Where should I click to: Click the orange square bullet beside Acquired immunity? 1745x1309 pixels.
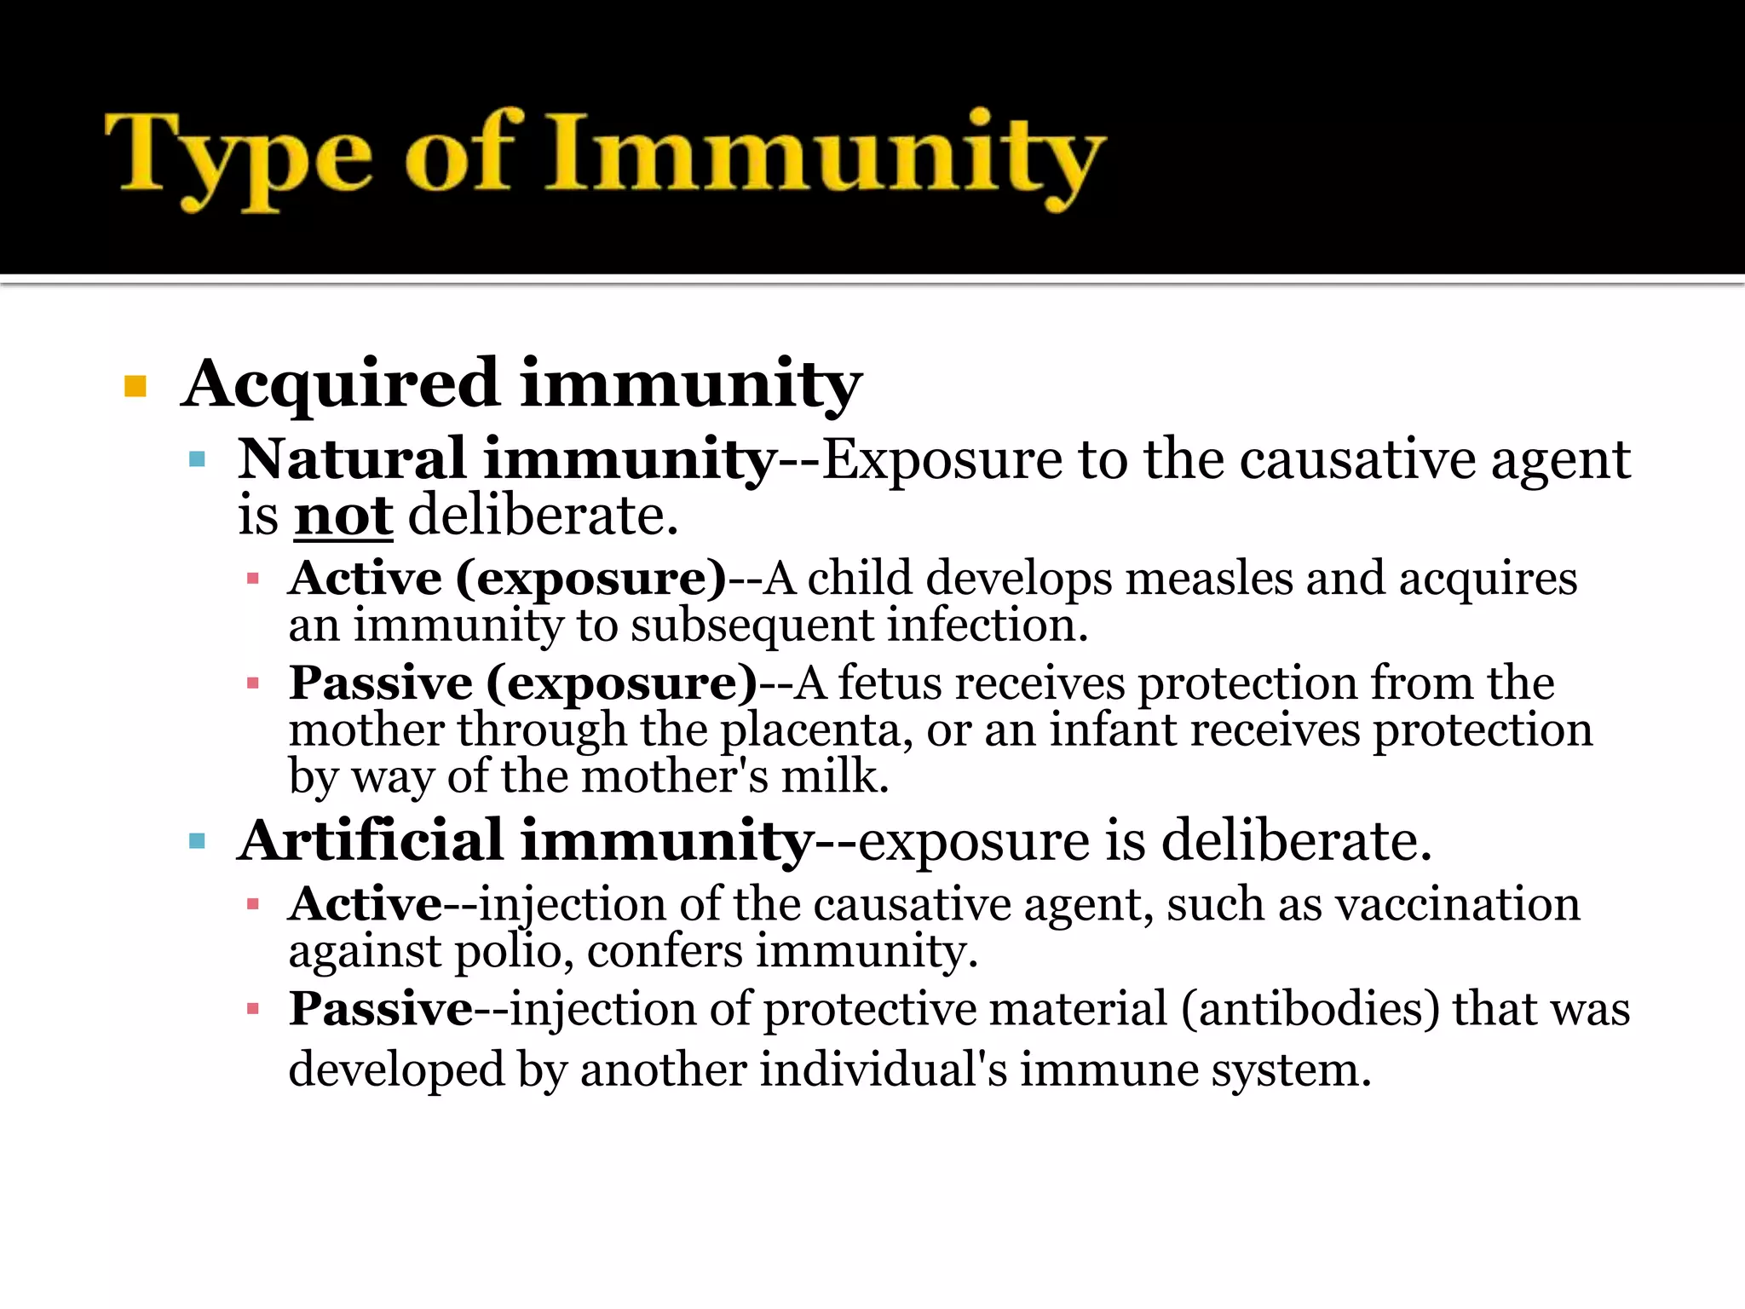click(x=135, y=386)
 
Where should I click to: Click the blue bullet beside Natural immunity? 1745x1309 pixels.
click(x=198, y=460)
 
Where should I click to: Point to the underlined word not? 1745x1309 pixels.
click(x=343, y=516)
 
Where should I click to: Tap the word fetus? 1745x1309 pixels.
click(x=890, y=683)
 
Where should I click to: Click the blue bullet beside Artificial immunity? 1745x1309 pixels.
click(x=198, y=842)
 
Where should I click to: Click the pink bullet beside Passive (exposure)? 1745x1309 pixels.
click(x=252, y=683)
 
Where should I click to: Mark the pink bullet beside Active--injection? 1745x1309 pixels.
click(x=252, y=904)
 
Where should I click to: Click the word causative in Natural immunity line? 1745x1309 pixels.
click(x=1357, y=460)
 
